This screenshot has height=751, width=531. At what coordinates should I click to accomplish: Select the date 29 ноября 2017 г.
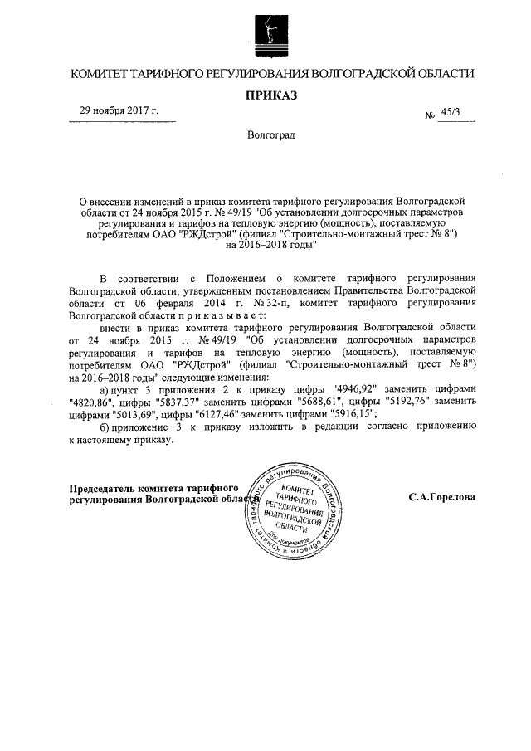click(119, 111)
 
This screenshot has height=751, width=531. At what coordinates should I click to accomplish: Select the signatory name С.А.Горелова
click(441, 498)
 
